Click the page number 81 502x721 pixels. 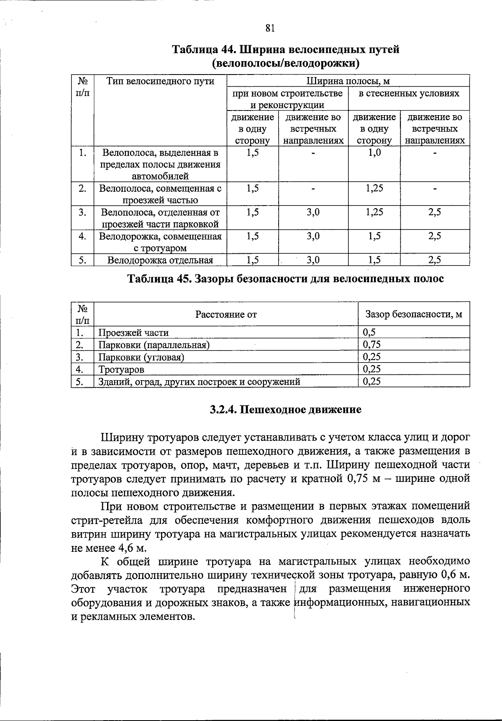(x=270, y=28)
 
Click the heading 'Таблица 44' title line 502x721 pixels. (x=286, y=49)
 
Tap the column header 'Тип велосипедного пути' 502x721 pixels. (x=160, y=81)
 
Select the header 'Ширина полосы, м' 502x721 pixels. (x=348, y=81)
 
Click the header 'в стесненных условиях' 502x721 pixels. (x=409, y=93)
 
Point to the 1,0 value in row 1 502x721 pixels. (x=374, y=153)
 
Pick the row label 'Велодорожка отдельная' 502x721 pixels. (x=160, y=260)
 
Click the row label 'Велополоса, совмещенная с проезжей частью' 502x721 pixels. (x=160, y=194)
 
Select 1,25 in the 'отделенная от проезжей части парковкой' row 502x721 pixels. (x=374, y=212)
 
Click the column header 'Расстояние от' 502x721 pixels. (x=226, y=314)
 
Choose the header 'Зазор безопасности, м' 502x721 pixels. (x=414, y=314)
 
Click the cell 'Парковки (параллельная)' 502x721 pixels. (x=154, y=345)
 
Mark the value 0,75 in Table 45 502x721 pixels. (x=372, y=345)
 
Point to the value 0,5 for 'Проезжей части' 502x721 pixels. (x=369, y=332)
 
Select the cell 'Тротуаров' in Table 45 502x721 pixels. (x=121, y=369)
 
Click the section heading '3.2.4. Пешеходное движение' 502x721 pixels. (x=285, y=409)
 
